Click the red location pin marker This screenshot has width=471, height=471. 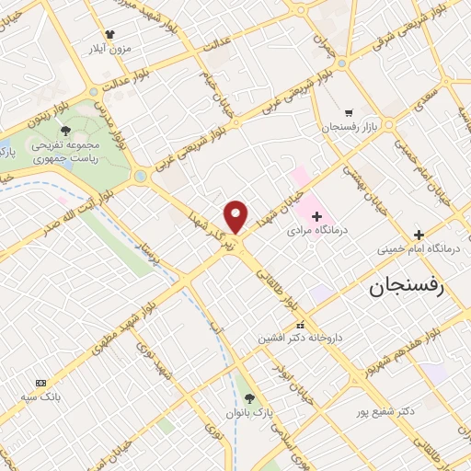tap(236, 215)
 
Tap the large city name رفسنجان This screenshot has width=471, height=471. tap(406, 286)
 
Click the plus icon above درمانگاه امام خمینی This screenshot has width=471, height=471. tap(419, 235)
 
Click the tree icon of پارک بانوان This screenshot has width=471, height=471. tap(249, 397)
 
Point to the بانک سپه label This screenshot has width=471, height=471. tap(42, 396)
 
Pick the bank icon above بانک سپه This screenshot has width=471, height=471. tap(40, 382)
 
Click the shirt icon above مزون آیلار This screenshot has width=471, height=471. tap(109, 33)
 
